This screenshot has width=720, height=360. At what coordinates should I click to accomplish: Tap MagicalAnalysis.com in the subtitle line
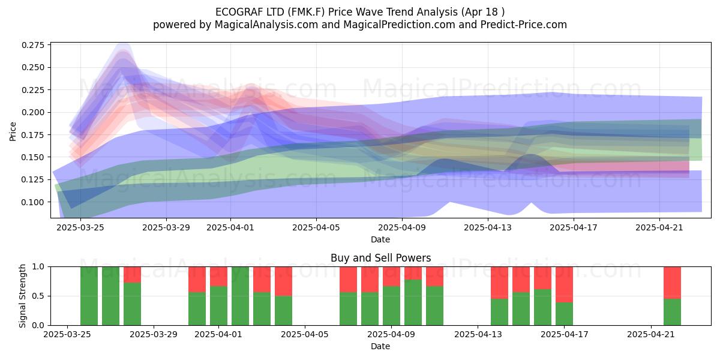click(x=266, y=25)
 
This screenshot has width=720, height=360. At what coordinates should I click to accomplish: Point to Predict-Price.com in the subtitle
click(x=524, y=25)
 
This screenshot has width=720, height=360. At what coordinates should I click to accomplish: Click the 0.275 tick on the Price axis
click(x=33, y=45)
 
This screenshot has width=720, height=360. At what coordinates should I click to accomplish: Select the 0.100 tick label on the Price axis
click(x=33, y=202)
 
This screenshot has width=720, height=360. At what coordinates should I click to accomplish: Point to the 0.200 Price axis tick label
click(x=33, y=113)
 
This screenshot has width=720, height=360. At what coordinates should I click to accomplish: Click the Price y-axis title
click(x=13, y=131)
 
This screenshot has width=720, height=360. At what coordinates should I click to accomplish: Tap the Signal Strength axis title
click(x=22, y=296)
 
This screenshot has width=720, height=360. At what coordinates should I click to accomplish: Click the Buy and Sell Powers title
click(x=380, y=258)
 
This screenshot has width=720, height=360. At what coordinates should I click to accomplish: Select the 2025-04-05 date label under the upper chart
click(x=316, y=227)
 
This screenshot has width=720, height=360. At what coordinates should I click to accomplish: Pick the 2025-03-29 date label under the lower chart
click(x=154, y=334)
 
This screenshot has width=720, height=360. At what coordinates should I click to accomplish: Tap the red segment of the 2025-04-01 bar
click(x=218, y=277)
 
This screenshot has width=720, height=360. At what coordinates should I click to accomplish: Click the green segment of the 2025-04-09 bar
click(x=391, y=305)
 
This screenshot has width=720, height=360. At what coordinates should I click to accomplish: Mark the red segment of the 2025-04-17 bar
click(x=564, y=284)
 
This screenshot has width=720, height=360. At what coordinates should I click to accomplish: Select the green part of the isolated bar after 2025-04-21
click(x=672, y=312)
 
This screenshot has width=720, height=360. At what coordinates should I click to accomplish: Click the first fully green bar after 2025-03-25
click(x=89, y=296)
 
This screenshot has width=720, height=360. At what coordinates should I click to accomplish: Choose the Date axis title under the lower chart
click(x=380, y=347)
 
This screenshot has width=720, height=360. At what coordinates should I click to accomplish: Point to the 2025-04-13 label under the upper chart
click(x=488, y=227)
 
